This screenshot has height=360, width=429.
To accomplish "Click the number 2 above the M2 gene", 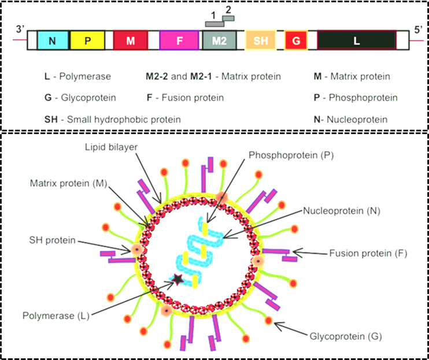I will coord(228,9).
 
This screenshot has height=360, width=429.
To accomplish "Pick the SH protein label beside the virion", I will coord(52,240).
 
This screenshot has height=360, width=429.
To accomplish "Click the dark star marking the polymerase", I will coord(177,280).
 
